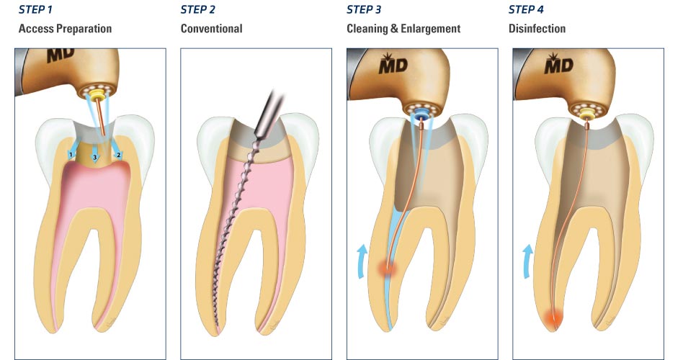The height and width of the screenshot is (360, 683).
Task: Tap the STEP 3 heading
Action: (x=365, y=9)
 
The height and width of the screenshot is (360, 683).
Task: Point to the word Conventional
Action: (x=212, y=29)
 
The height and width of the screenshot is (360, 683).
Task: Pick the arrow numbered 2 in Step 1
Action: (x=117, y=153)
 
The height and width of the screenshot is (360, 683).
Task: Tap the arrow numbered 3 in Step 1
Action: (x=94, y=158)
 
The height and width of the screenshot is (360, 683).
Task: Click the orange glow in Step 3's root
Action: (x=388, y=269)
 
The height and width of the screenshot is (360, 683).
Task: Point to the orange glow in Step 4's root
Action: (x=555, y=317)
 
